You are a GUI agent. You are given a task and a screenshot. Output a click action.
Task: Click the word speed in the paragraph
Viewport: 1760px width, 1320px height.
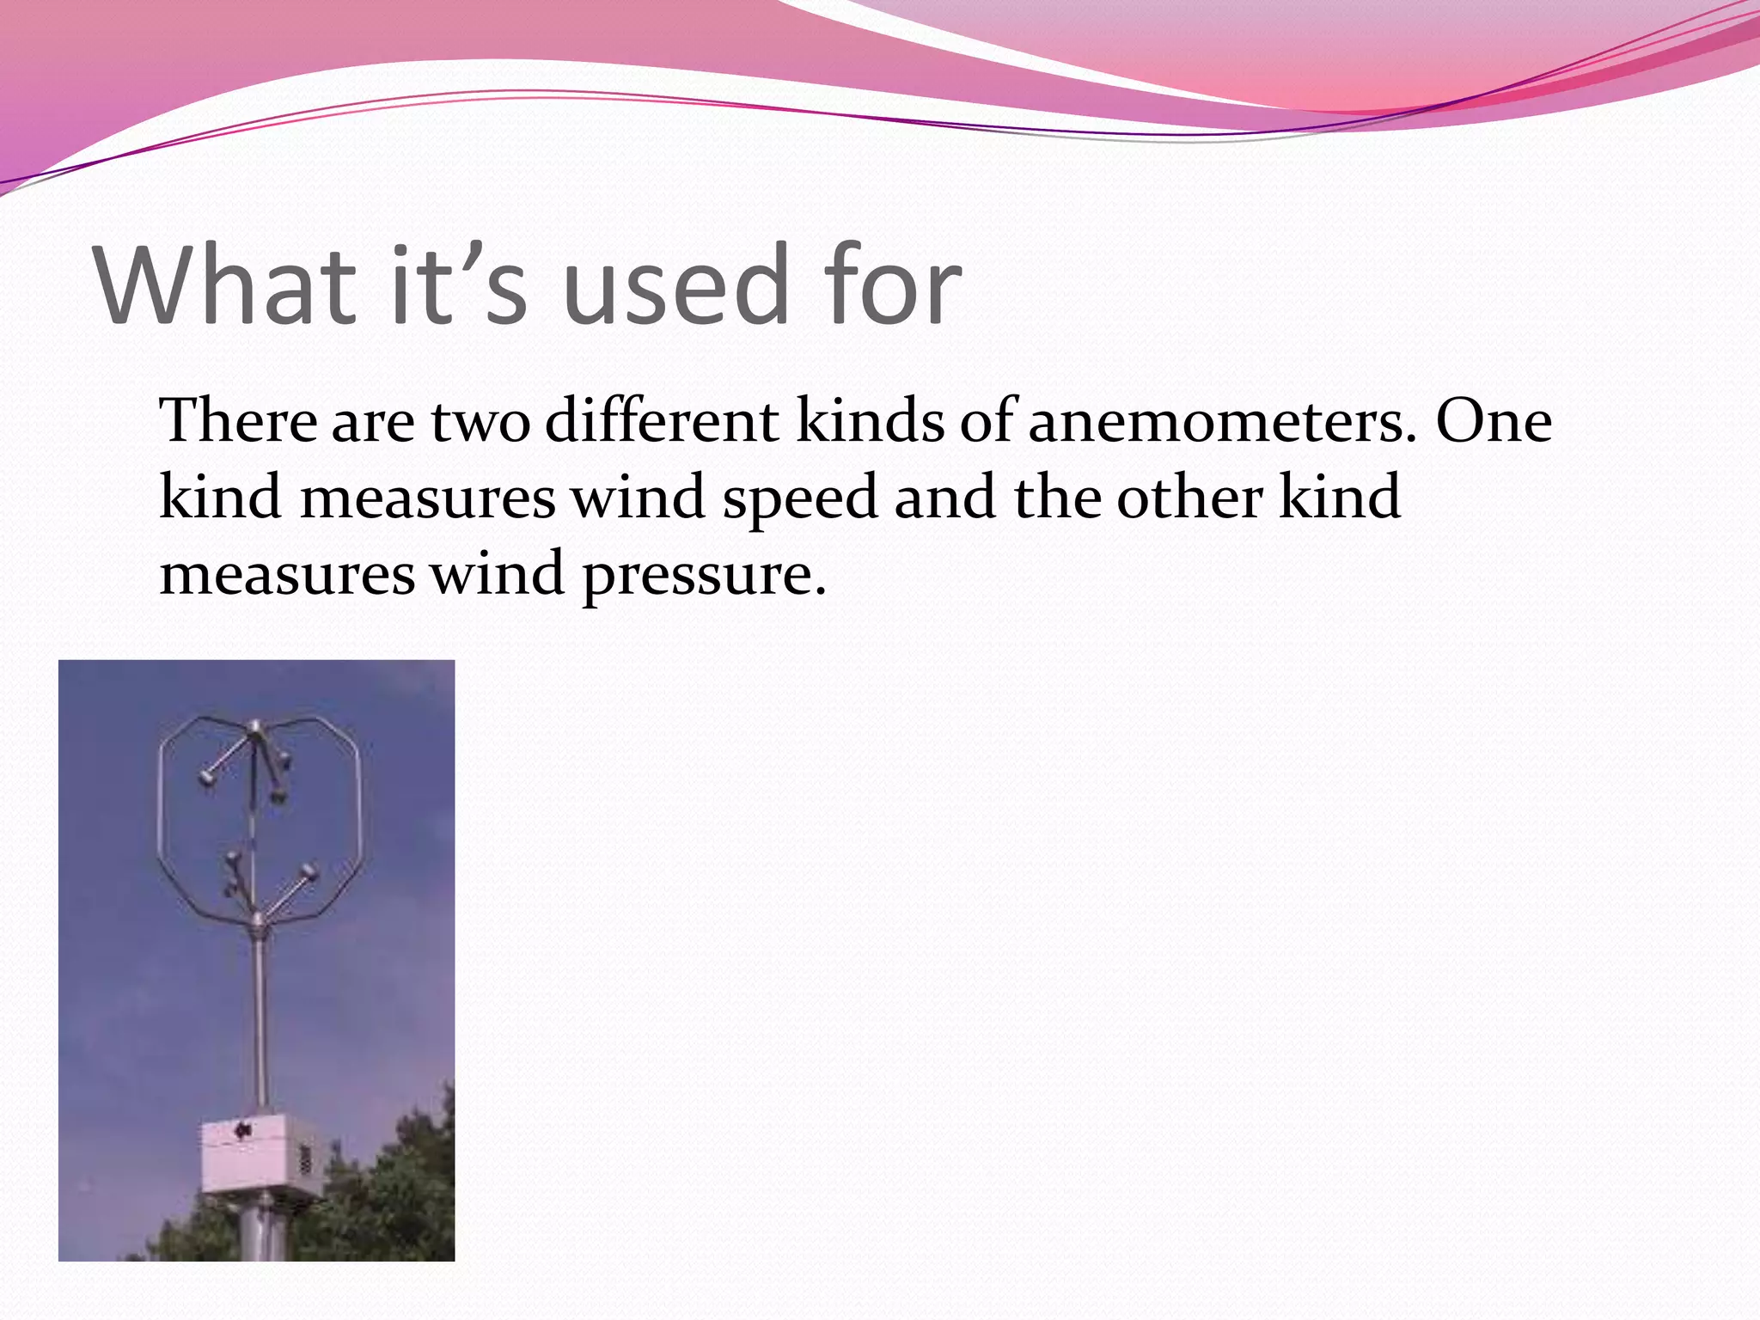[800, 498]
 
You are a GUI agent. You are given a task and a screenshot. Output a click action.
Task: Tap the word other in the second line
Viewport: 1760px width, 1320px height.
[1189, 498]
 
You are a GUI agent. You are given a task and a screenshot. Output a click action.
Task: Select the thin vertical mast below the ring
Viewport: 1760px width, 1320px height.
[259, 1014]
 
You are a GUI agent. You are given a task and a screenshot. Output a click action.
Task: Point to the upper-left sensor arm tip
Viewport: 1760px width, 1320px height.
[206, 778]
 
